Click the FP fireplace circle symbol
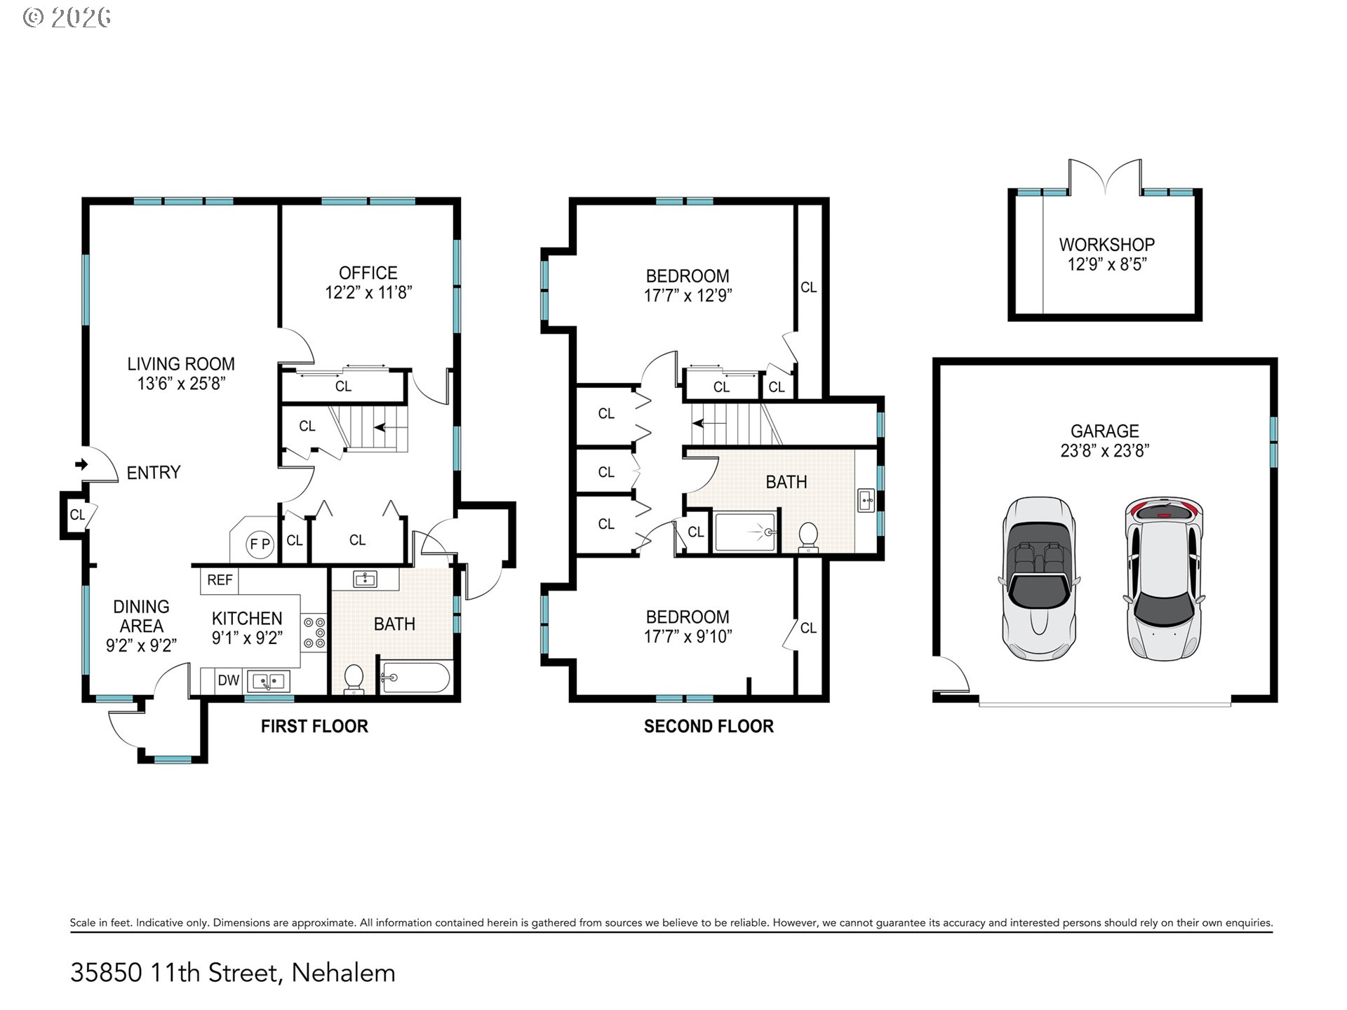click(x=260, y=544)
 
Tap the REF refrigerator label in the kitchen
click(x=220, y=580)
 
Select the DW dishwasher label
click(x=229, y=680)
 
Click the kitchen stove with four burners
click(x=314, y=633)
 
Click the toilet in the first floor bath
click(x=354, y=679)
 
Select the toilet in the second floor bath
click(x=809, y=537)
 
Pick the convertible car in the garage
click(x=1038, y=579)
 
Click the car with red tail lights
click(x=1164, y=579)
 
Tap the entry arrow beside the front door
click(x=81, y=464)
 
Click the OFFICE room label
click(x=368, y=273)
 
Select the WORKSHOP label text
click(x=1106, y=245)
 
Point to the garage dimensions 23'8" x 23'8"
click(x=1105, y=451)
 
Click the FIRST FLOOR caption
click(x=314, y=727)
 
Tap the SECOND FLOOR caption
click(x=709, y=727)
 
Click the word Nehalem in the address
click(x=343, y=973)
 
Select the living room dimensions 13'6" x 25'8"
click(x=181, y=384)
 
